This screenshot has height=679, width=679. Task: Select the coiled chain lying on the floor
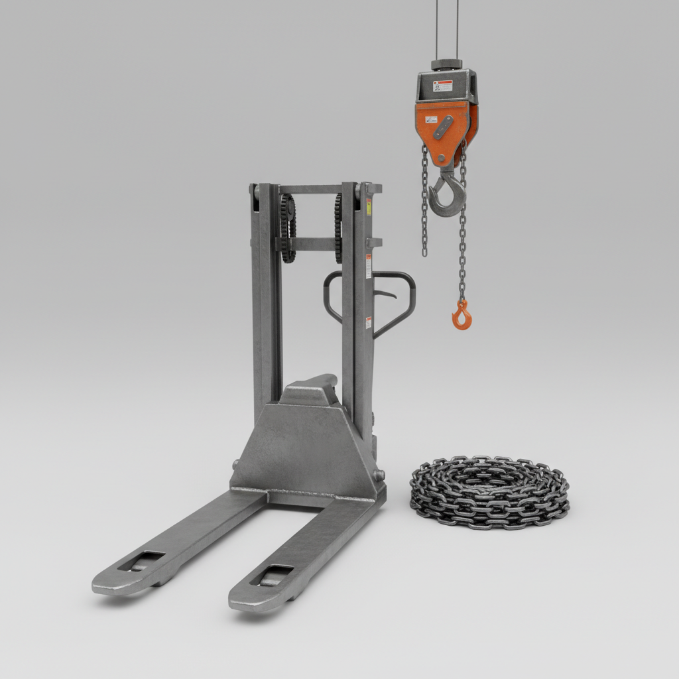(489, 491)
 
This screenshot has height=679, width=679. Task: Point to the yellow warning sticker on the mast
(369, 206)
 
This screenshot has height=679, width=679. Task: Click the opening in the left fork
(141, 561)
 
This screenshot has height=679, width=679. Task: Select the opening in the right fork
(272, 575)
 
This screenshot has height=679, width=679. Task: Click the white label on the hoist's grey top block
(442, 86)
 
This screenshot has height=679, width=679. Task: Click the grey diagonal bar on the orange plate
(443, 127)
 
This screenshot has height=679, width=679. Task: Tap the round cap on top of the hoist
(446, 64)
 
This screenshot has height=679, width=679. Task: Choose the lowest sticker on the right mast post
(369, 323)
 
